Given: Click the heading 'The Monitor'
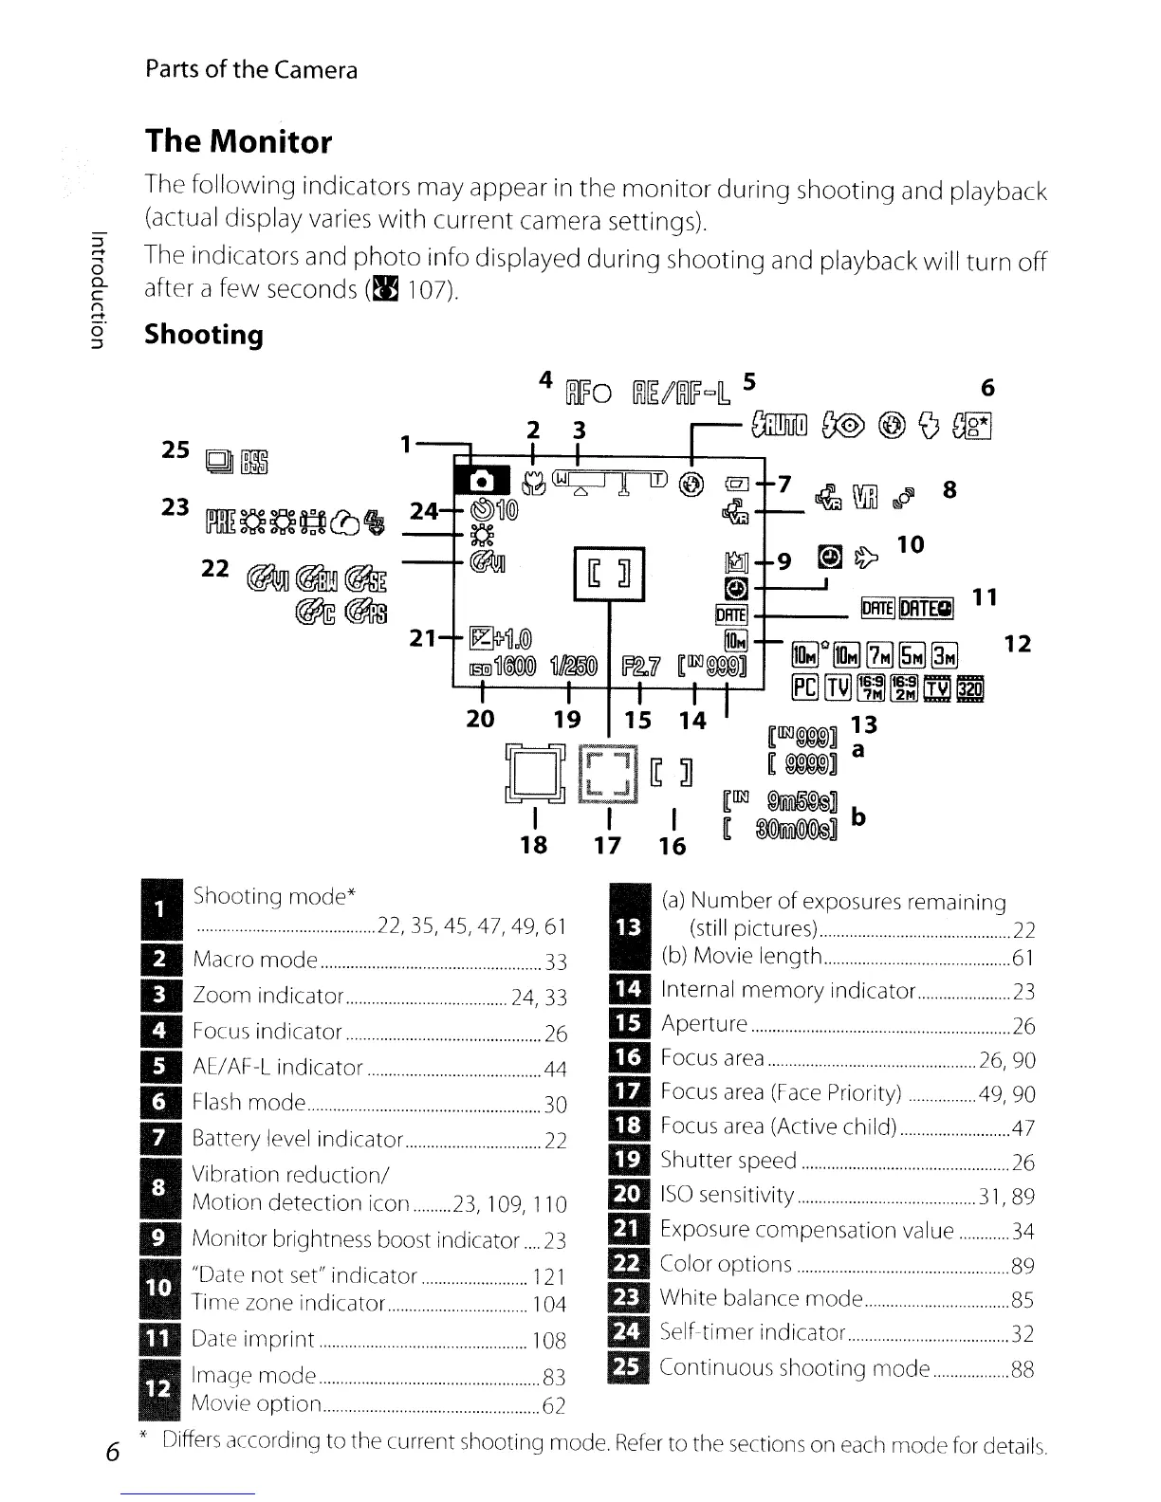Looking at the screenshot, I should coord(238,142).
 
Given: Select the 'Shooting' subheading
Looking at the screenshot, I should coord(204,335).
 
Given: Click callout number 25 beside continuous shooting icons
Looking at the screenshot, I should coord(175,449).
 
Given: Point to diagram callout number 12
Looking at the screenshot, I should coord(1017,645).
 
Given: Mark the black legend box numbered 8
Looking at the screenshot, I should coord(159,1188).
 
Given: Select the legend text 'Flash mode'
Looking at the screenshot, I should coord(249,1103).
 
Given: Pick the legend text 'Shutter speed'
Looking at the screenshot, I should coord(728,1161).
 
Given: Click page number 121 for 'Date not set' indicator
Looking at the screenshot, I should coord(550,1276).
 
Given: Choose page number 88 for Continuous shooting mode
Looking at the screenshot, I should coord(1022,1369).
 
